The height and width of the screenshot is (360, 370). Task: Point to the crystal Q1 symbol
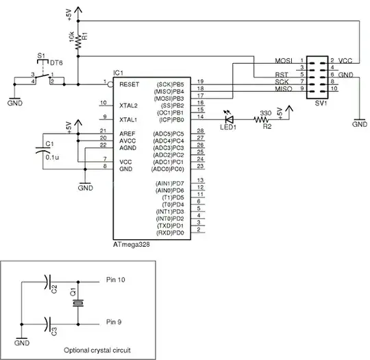(x=79, y=302)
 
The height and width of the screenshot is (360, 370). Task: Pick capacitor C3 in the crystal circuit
(x=47, y=323)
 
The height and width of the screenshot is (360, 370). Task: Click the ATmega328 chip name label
(x=131, y=243)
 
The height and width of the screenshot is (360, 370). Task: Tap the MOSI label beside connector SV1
(x=284, y=61)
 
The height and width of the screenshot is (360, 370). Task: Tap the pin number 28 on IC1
(x=200, y=130)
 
